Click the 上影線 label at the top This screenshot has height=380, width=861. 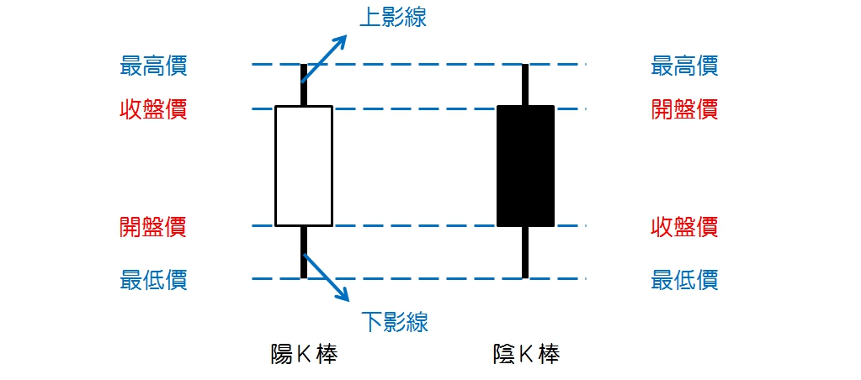tap(392, 18)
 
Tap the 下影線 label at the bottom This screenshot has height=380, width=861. tap(395, 320)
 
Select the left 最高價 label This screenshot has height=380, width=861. tap(153, 65)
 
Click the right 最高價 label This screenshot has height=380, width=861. tap(684, 65)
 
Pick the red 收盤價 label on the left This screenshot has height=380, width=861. tap(153, 108)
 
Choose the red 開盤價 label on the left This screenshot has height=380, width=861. tap(153, 226)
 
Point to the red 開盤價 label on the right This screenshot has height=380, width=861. tap(684, 108)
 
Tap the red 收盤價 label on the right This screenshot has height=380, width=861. tap(684, 226)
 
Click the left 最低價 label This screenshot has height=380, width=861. tap(153, 278)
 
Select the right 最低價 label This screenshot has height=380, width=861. tap(684, 278)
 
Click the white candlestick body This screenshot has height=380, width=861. tap(304, 166)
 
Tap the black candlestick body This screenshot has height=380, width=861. tap(525, 166)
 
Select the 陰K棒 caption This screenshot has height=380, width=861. tap(526, 355)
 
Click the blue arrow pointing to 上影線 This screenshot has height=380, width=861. tap(326, 56)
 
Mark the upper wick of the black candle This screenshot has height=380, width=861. tap(525, 85)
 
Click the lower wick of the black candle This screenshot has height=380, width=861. tap(525, 251)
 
